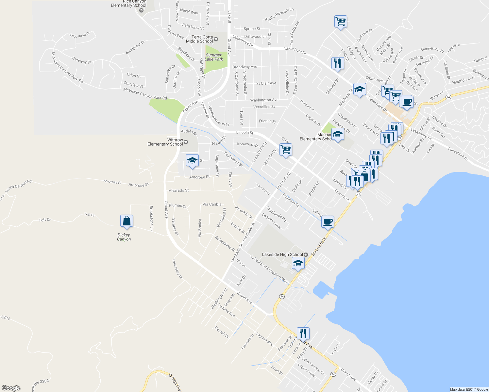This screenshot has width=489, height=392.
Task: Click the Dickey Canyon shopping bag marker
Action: coord(126,221)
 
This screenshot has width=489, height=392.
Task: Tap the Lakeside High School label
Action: coord(283,254)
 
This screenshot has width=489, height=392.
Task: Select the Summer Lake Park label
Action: coord(214,57)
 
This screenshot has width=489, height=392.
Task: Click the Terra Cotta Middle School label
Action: coord(200,39)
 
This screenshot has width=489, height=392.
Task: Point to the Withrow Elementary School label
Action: coord(165,142)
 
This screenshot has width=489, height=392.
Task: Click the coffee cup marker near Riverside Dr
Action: coord(327,222)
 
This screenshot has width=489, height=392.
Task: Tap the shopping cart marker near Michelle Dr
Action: coord(286,150)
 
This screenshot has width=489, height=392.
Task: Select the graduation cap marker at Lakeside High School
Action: coord(298,263)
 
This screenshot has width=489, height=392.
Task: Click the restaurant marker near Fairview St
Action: coord(303,333)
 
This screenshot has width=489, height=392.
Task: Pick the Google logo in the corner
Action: coord(11,388)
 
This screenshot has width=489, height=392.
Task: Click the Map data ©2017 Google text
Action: coord(469,389)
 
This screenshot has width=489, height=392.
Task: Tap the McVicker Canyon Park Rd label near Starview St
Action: coord(145,94)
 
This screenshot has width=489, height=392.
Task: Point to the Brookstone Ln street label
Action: coord(151,218)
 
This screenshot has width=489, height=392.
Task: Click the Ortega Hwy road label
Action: coord(175,382)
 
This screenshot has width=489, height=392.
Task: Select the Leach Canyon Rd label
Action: coord(18,186)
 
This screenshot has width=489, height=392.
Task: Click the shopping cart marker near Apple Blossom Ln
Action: coord(341,22)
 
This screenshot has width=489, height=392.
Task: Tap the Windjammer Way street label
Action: coord(219,116)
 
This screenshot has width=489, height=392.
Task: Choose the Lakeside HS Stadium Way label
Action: coord(269,269)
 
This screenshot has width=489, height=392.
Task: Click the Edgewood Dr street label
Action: coord(80,35)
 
